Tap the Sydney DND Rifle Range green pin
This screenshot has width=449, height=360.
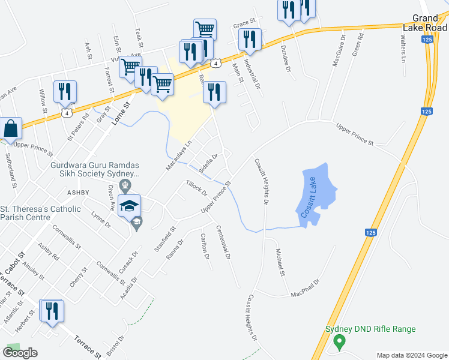[x=339, y=343]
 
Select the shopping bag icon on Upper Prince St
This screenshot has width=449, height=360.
[x=10, y=128]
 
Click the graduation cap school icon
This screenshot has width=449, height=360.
[x=130, y=206]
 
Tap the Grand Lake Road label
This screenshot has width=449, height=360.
[x=429, y=23]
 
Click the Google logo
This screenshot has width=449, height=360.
[x=20, y=352]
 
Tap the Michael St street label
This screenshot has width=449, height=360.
[x=279, y=262]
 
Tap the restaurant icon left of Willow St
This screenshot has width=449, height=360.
[x=65, y=92]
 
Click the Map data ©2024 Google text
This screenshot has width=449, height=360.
[x=411, y=355]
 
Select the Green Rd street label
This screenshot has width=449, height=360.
[x=358, y=45]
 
